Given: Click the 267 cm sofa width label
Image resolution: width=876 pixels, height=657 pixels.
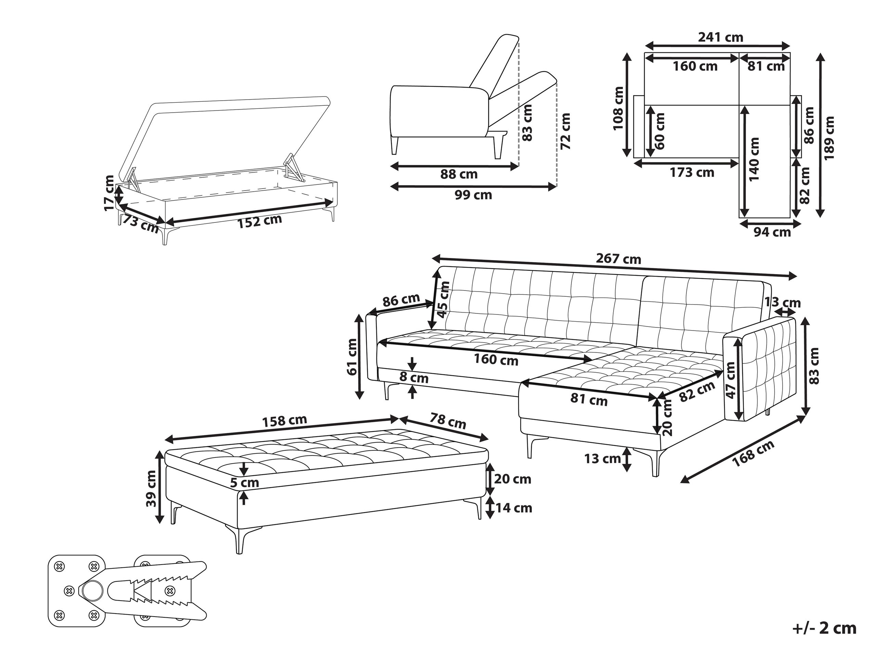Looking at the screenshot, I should click(618, 259).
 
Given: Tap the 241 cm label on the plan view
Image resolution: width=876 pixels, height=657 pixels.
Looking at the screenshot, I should click(720, 37).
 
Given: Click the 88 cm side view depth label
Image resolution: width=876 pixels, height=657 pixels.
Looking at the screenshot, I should click(459, 174).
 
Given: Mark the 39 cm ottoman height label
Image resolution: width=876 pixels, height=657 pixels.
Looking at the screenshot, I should click(151, 488).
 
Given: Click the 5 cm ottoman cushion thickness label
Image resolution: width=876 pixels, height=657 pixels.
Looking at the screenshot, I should click(244, 482).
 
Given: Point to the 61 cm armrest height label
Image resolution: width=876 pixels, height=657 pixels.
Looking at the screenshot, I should click(351, 357).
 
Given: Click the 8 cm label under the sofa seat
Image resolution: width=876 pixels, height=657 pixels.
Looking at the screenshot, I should click(414, 378).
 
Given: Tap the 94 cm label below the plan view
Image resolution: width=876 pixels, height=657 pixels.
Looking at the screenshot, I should click(772, 232).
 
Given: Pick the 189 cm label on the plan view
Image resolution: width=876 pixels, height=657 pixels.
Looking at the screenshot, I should click(828, 138).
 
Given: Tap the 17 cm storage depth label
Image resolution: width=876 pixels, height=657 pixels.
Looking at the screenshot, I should click(109, 193).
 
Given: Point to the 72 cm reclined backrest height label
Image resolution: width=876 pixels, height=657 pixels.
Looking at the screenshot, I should click(565, 131).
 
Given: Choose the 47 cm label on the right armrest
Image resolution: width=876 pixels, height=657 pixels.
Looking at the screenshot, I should click(731, 380).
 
